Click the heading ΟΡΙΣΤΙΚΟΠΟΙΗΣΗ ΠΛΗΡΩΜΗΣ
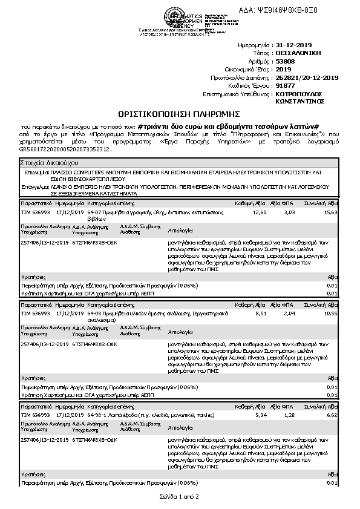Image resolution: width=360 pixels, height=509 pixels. tap(179, 114)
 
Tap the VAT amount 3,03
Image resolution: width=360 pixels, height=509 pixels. tap(289, 213)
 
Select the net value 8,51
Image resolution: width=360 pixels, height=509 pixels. tap(260, 314)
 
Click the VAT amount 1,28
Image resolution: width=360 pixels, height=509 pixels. tap(289, 416)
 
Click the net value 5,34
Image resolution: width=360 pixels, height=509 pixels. tap(261, 416)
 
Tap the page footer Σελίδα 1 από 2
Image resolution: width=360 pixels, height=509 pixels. tap(179, 496)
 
